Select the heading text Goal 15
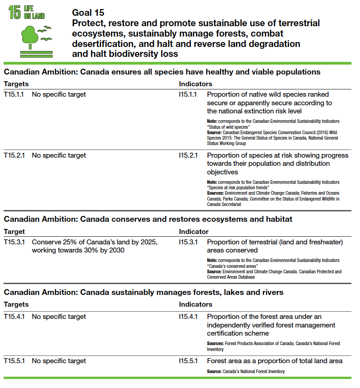coord(88,13)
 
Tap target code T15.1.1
coord(14,94)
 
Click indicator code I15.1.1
coord(188,94)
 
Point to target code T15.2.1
coord(14,155)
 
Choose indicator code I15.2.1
coord(188,155)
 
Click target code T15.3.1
coord(14,242)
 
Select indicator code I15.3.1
coord(188,242)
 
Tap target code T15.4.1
coord(14,317)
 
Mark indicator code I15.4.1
coord(188,317)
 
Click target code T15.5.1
coord(14,361)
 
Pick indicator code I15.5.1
coord(188,361)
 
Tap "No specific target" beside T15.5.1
coord(59,361)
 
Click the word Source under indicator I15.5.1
coord(214,371)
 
